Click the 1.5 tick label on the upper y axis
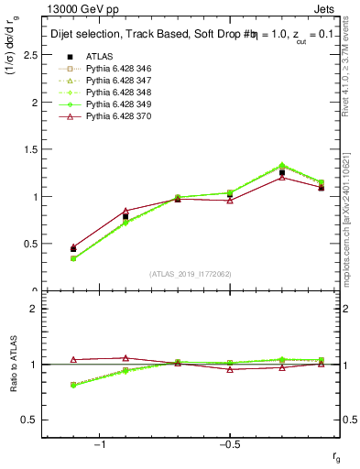pyautogui.click(x=32, y=149)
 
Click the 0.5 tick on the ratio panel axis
pyautogui.click(x=32, y=420)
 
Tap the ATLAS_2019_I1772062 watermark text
pyautogui.click(x=191, y=274)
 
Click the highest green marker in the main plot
pyautogui.click(x=282, y=166)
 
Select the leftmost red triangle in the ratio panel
pyautogui.click(x=73, y=360)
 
